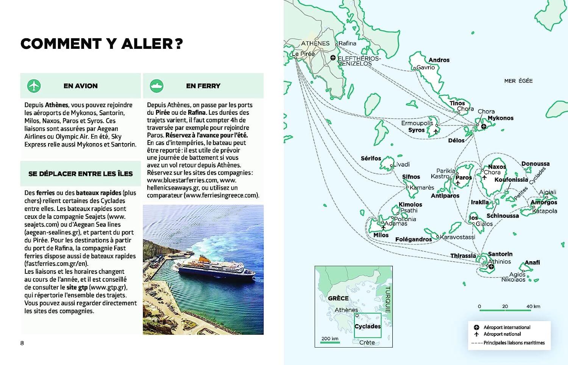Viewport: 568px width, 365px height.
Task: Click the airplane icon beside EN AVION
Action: point(34,86)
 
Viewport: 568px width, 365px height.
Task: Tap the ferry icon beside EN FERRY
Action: point(156,86)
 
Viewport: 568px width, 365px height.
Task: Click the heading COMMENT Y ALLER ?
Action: point(101,44)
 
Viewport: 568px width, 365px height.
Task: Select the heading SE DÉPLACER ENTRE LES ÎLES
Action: point(80,174)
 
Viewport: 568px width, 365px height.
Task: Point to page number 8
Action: point(22,343)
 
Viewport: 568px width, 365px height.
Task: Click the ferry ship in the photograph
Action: point(214,269)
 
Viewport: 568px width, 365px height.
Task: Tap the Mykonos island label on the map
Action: point(500,118)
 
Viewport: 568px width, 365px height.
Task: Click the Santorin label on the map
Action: point(500,254)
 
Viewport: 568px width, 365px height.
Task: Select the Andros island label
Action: point(439,60)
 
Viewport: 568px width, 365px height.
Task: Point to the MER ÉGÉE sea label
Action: point(518,81)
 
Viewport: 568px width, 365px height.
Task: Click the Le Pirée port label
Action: point(303,54)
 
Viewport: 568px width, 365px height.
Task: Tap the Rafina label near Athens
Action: point(347,43)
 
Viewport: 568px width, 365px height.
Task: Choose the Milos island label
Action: point(381,235)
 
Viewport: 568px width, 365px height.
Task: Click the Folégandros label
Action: point(413,239)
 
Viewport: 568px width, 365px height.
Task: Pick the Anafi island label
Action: point(532,262)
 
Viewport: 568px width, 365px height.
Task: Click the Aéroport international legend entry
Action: point(507,328)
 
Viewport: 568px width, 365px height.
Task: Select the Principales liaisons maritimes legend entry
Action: point(514,343)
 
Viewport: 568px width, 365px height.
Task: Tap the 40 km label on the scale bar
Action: point(533,306)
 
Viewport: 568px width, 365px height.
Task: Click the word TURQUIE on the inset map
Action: point(388,299)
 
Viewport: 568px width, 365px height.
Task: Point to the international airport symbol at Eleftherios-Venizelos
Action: point(332,58)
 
